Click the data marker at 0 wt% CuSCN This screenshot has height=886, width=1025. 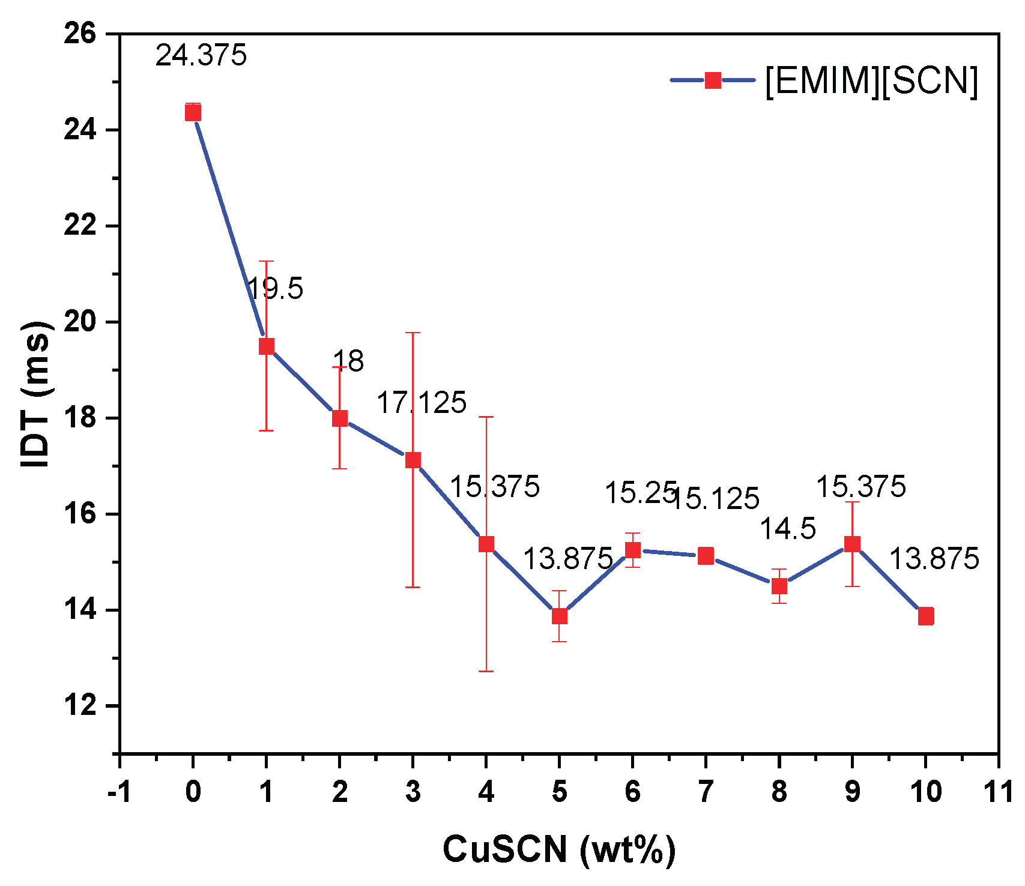(x=193, y=112)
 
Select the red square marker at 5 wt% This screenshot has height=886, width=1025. (x=559, y=616)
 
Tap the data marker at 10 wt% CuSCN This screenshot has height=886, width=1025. (x=925, y=616)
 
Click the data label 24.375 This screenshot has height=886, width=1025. (x=201, y=56)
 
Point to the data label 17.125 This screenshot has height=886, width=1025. (x=421, y=403)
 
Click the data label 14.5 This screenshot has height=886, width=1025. (x=788, y=529)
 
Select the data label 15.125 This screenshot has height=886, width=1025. (x=715, y=499)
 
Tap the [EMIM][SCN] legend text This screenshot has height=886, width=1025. (x=871, y=80)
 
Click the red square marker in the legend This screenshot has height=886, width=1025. (x=713, y=80)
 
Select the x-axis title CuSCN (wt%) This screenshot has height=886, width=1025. (x=559, y=849)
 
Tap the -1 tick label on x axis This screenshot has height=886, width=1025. (x=119, y=792)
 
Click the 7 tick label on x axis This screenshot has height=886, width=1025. (x=706, y=792)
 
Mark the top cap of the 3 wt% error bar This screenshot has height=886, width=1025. (x=413, y=333)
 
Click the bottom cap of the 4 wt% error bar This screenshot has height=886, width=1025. (x=486, y=671)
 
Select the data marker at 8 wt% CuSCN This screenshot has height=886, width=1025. (x=779, y=586)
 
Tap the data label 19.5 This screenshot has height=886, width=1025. (x=275, y=289)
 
